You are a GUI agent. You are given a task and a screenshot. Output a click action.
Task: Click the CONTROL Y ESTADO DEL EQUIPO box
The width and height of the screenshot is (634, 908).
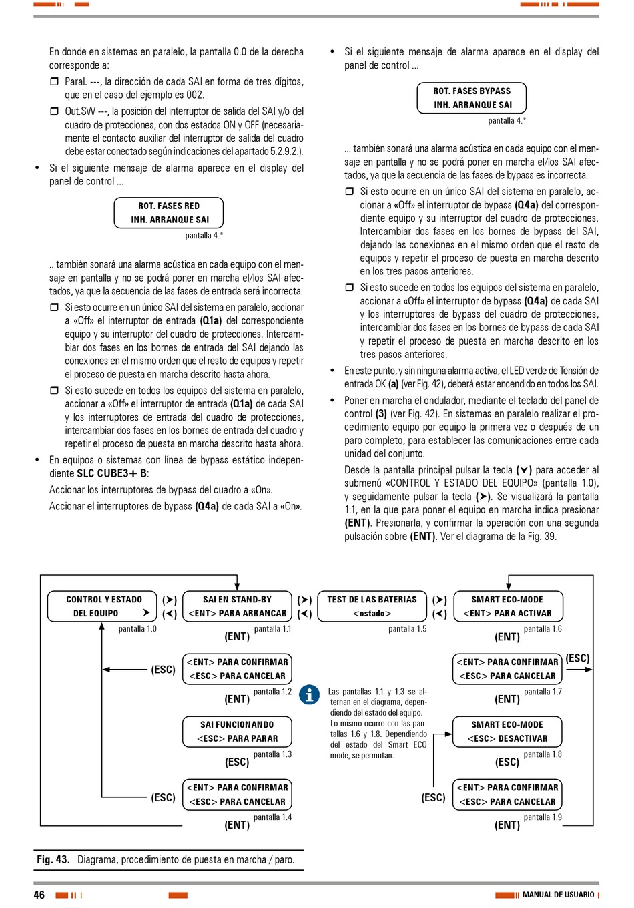[x=102, y=606]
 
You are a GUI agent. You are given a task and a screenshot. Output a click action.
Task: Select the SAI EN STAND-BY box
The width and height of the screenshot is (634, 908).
[x=237, y=606]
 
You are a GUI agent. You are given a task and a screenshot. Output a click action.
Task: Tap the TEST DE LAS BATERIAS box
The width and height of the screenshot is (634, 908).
[x=372, y=606]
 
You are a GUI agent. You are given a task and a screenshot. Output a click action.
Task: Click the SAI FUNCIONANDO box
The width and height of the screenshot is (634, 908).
[x=237, y=732]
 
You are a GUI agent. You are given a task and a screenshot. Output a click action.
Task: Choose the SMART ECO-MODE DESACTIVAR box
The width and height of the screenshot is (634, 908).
[x=507, y=732]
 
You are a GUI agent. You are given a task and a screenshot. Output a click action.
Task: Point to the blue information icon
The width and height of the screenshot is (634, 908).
[x=309, y=695]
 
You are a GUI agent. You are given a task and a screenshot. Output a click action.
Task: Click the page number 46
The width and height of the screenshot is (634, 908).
[x=39, y=895]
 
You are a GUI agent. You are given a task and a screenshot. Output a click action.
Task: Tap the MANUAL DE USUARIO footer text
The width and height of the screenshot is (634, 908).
[x=558, y=895]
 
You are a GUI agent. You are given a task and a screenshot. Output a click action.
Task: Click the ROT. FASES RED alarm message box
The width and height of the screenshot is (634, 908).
[x=169, y=213]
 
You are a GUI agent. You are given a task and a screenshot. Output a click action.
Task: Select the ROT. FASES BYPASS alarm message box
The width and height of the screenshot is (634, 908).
[x=472, y=98]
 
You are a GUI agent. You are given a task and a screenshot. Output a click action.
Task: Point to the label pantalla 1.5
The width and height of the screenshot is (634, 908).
[x=407, y=629]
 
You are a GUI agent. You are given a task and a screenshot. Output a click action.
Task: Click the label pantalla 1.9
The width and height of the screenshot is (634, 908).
[x=543, y=817]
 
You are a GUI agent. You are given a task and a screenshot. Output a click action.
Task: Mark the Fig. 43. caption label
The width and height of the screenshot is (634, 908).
[x=53, y=860]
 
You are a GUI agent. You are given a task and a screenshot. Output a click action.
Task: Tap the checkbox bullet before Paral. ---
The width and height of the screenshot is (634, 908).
[x=55, y=81]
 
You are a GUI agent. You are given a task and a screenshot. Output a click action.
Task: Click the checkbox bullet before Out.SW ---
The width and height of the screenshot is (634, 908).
[x=55, y=111]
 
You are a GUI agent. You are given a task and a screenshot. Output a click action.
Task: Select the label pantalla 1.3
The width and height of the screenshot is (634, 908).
[x=272, y=754]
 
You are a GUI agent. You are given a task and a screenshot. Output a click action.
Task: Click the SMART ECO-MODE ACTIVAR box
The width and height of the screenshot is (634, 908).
[x=507, y=606]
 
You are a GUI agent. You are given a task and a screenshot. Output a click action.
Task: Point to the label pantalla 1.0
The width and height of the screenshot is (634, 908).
[x=137, y=629]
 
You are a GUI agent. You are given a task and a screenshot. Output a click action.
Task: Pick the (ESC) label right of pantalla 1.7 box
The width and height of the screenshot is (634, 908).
[x=577, y=658]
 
